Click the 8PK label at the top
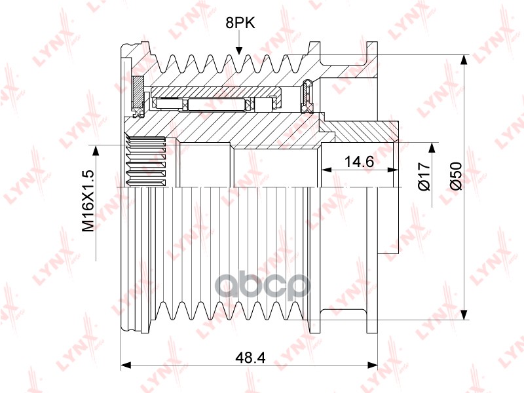pos(240,24)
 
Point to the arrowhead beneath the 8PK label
pos(238,50)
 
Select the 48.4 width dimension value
pos(250,358)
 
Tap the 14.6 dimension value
pos(359,162)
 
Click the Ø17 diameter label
pos(424,177)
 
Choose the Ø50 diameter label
pos(456,176)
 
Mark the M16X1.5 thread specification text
pos(89,201)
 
